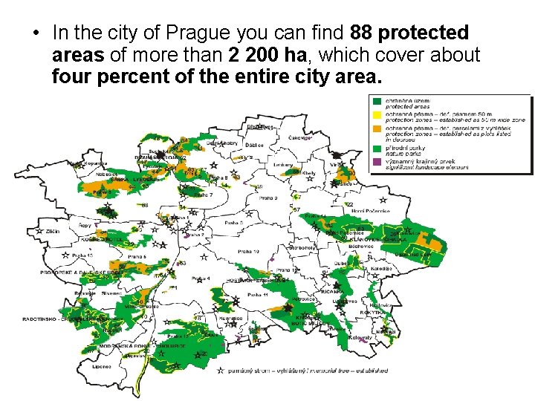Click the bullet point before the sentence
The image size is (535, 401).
click(34, 34)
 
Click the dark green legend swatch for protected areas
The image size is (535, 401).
click(377, 101)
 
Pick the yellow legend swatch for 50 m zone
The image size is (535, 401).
click(377, 115)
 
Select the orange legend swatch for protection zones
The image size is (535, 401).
click(377, 130)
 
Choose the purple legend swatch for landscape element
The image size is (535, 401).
click(377, 160)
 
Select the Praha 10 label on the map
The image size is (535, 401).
click(248, 252)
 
